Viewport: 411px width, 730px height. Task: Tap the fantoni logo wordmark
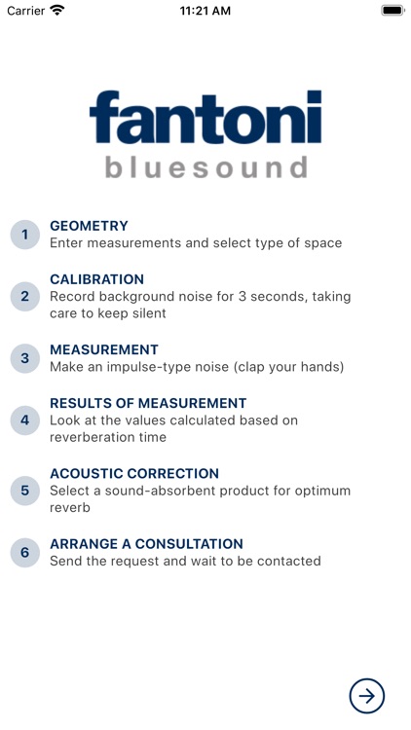point(205,118)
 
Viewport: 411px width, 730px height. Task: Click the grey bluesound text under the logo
point(205,166)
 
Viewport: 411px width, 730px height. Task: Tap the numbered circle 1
point(25,235)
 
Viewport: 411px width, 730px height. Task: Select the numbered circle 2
point(25,296)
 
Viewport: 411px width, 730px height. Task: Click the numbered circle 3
point(25,358)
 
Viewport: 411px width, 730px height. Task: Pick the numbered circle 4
point(25,420)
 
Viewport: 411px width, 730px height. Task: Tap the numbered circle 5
point(25,491)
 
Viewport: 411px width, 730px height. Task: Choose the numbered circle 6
point(25,553)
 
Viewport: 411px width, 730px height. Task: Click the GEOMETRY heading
point(89,226)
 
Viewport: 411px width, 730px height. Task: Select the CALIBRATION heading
point(96,279)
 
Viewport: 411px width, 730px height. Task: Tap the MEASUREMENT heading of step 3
point(103,349)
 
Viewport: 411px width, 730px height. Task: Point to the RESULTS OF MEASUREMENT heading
point(148,403)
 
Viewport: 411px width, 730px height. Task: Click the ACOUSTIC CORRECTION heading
point(134,473)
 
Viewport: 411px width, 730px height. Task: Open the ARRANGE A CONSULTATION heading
point(146,544)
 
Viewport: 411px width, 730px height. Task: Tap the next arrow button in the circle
point(367,695)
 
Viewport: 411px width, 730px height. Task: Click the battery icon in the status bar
point(392,11)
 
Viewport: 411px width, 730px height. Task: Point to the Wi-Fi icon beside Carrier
point(57,11)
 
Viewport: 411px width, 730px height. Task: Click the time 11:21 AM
point(205,11)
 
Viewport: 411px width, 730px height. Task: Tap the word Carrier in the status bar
point(25,11)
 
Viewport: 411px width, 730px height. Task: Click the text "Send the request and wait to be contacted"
point(185,561)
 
